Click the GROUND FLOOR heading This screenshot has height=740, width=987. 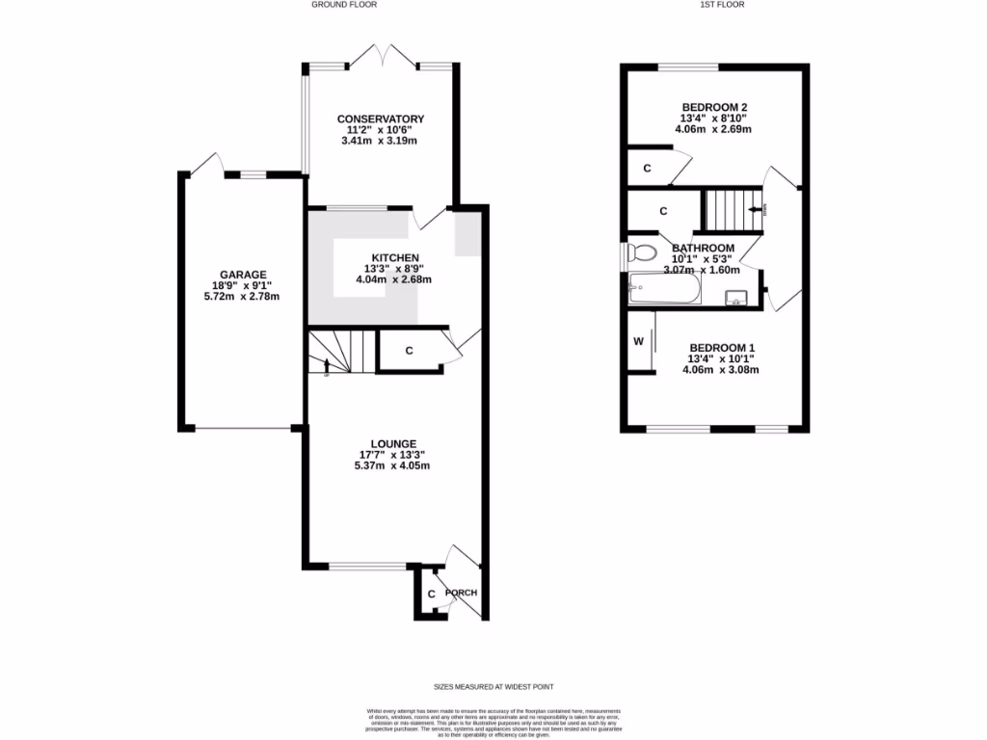tap(343, 5)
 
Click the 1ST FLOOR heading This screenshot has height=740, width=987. tap(723, 5)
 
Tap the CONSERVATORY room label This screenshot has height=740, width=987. tap(387, 119)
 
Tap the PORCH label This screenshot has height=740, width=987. tap(461, 593)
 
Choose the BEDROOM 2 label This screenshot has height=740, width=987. tap(715, 107)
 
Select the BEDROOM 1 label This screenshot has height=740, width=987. tap(721, 347)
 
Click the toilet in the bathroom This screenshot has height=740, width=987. tap(640, 253)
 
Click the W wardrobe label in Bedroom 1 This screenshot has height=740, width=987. tap(638, 342)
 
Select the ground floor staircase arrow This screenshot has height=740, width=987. tap(329, 365)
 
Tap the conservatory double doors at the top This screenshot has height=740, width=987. tap(384, 55)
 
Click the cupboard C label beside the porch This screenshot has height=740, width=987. tap(431, 594)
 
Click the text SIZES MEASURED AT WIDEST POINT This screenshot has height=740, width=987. tap(493, 687)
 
